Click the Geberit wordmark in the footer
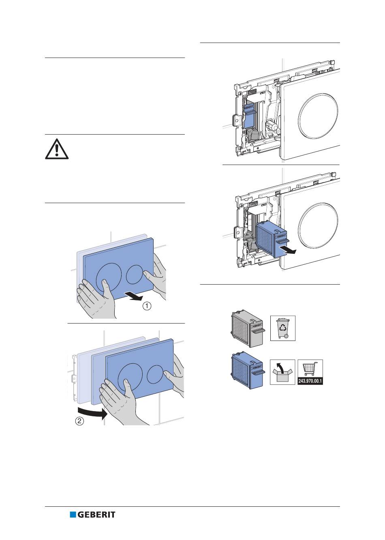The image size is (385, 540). [96, 515]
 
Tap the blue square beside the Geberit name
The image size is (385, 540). [73, 515]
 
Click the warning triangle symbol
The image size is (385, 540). [57, 149]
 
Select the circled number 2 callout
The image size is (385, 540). [80, 421]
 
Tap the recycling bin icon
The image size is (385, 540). [282, 328]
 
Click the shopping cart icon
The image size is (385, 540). [310, 369]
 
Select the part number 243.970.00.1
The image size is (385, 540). [310, 381]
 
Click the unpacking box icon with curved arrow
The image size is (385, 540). [282, 372]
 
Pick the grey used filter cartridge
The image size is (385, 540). [247, 328]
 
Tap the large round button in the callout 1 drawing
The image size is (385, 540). [109, 278]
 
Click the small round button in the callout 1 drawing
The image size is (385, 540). [134, 274]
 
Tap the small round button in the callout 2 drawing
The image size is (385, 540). [156, 375]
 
